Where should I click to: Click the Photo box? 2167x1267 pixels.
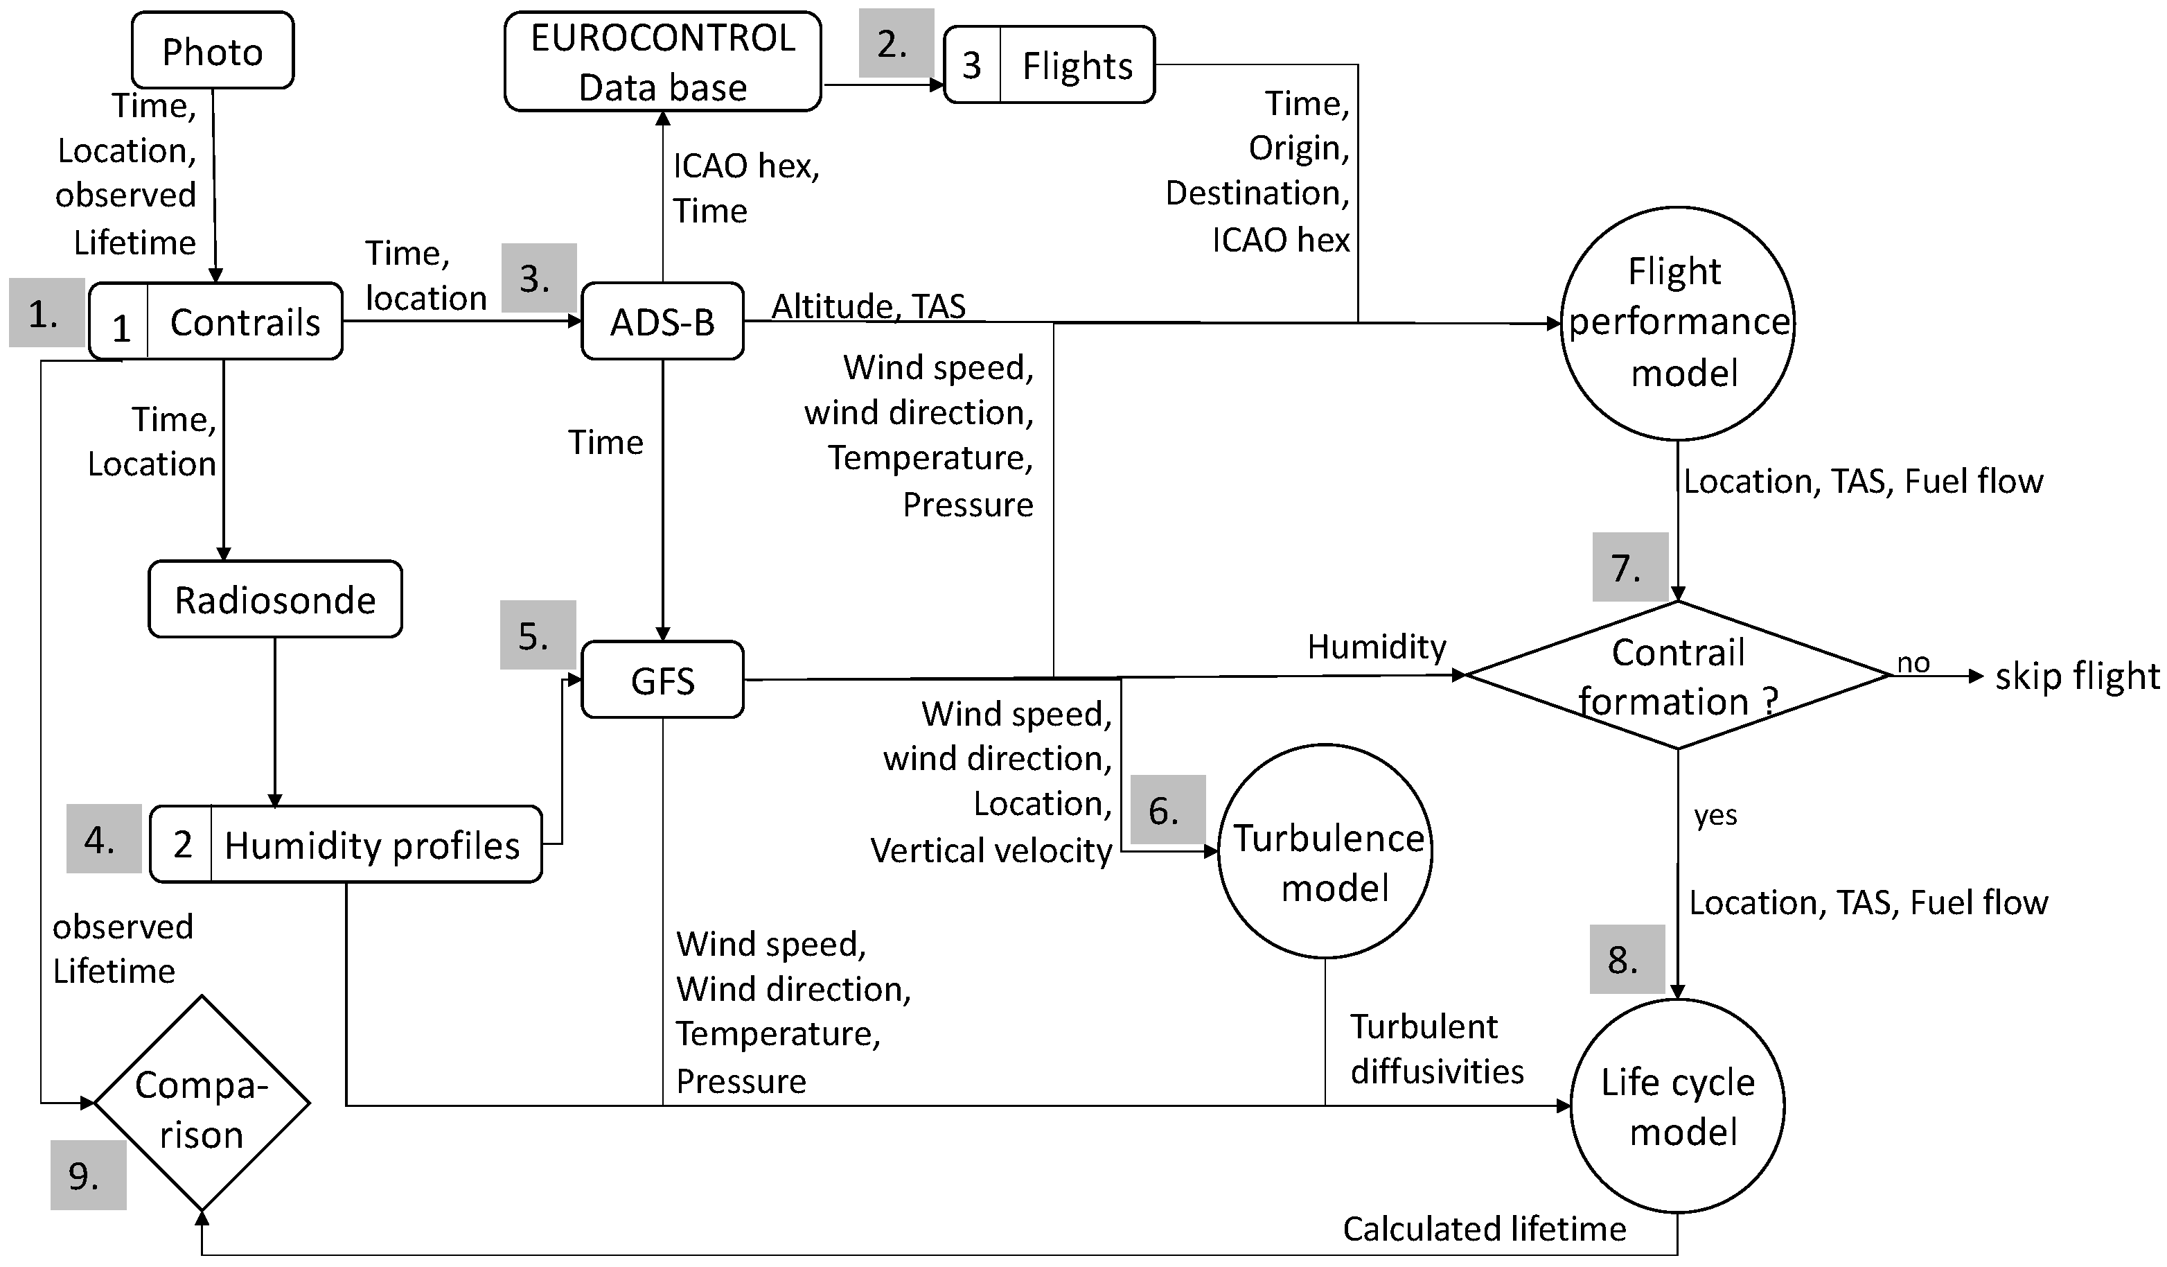click(x=213, y=51)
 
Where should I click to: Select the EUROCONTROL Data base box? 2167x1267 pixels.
click(x=662, y=62)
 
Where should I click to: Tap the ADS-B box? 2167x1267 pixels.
click(x=662, y=322)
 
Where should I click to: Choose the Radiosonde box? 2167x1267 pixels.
click(x=275, y=600)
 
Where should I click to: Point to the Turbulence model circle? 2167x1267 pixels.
click(x=1325, y=852)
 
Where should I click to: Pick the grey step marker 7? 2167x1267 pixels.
click(x=1629, y=567)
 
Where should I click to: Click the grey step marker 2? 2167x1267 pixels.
click(x=895, y=44)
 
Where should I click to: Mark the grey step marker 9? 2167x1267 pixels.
click(x=88, y=1175)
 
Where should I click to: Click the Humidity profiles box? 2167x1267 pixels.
click(x=346, y=845)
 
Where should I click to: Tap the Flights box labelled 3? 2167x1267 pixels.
click(x=1049, y=65)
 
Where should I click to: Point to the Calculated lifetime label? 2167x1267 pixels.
click(x=1484, y=1229)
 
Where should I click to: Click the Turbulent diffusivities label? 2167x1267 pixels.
click(x=1436, y=1049)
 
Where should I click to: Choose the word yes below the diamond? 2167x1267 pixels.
click(x=1715, y=814)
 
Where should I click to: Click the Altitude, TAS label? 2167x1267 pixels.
click(x=869, y=306)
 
